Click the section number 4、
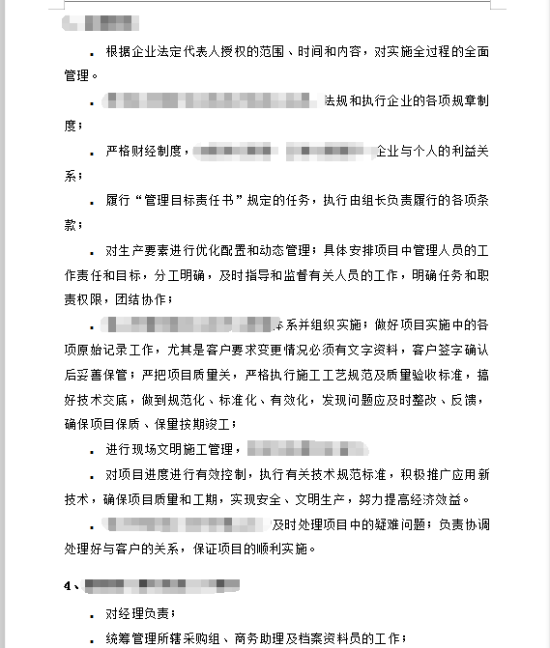click(x=71, y=585)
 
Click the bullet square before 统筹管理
click(x=91, y=638)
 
